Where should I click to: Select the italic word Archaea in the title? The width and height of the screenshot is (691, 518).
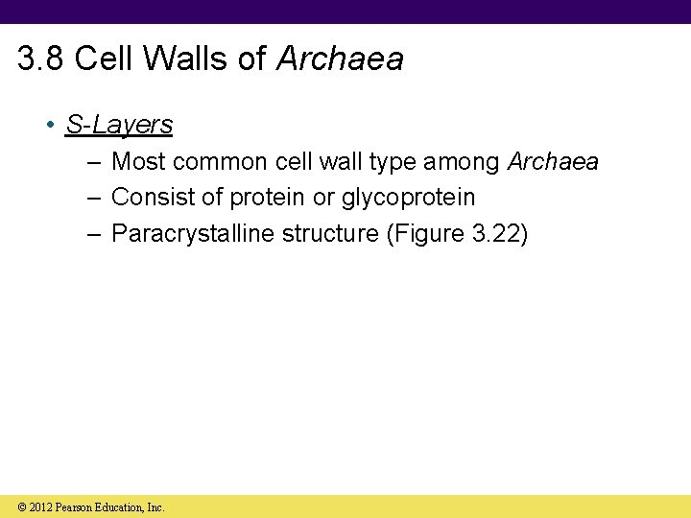click(340, 59)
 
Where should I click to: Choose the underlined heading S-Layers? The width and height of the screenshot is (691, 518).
click(119, 125)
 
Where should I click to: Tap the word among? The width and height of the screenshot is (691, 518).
click(462, 162)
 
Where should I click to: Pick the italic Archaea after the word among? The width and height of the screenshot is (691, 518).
click(553, 162)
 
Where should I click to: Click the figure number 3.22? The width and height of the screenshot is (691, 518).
click(495, 234)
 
